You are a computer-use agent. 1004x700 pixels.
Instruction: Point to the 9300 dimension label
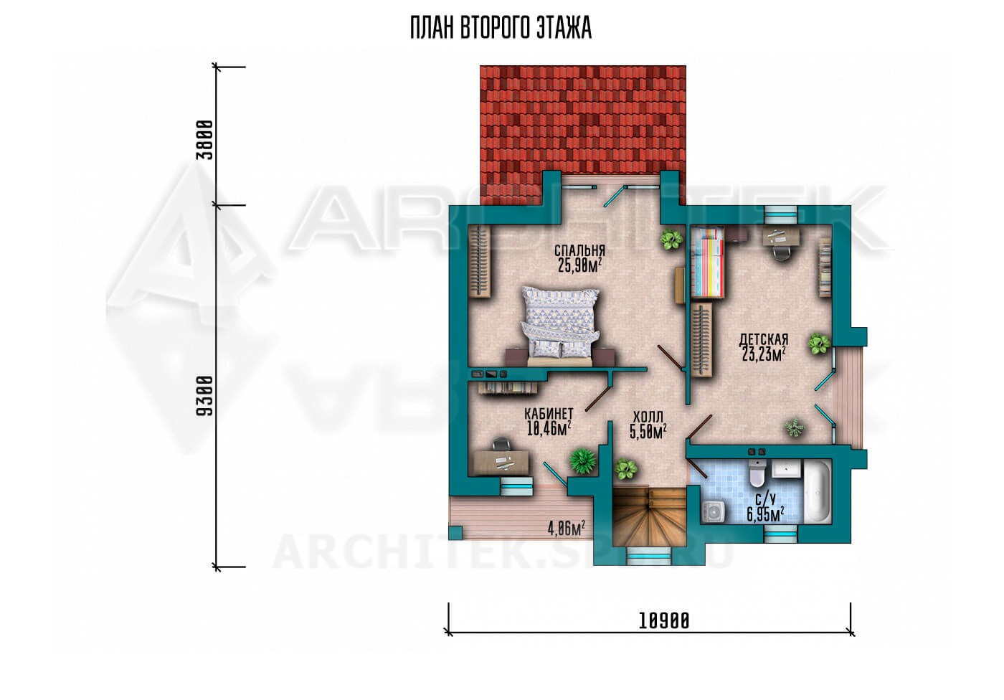[x=205, y=396]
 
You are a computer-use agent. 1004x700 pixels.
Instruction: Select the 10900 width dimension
[x=664, y=621]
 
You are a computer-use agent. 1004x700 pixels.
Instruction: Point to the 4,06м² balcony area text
[x=567, y=529]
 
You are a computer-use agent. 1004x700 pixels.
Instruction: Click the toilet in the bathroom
[x=757, y=473]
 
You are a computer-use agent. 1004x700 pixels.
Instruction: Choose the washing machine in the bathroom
[x=714, y=512]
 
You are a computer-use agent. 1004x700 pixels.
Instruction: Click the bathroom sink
[x=786, y=470]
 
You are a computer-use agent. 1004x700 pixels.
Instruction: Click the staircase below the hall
[x=649, y=516]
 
